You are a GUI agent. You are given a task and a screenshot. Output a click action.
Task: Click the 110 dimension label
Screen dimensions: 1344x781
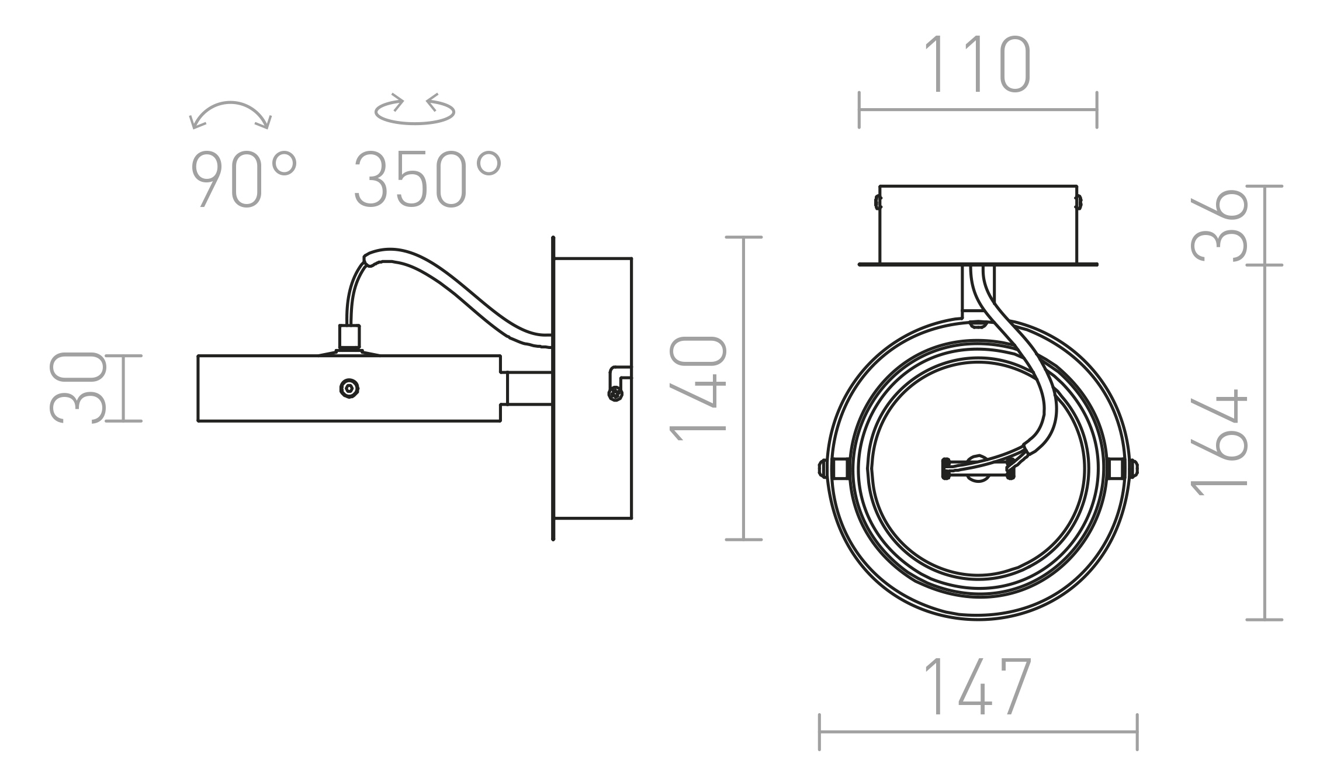[977, 64]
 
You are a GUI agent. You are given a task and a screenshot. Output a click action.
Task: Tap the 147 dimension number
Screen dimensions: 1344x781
[977, 686]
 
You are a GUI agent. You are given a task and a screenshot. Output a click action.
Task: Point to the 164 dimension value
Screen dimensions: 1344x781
[1219, 442]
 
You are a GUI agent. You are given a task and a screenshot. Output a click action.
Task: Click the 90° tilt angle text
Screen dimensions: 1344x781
[244, 179]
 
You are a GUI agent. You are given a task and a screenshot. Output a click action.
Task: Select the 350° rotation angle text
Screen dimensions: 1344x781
[428, 179]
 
